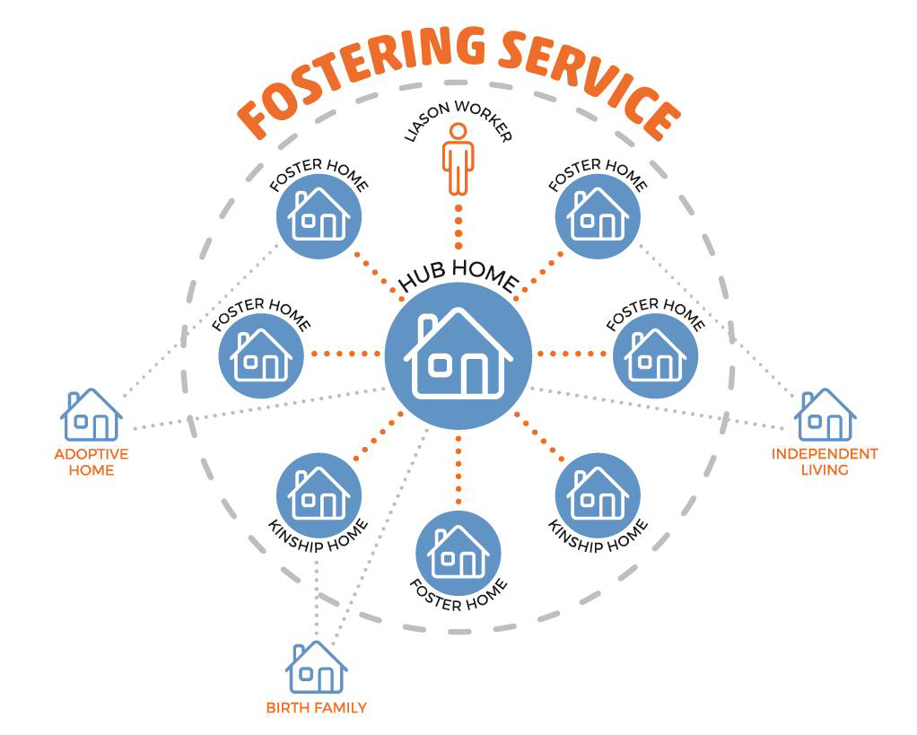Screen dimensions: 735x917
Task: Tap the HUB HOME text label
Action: [x=458, y=277]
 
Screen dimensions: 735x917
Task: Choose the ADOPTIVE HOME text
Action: [x=91, y=461]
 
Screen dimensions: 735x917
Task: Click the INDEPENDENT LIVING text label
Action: [x=825, y=461]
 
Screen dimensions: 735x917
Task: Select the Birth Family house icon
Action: [x=316, y=668]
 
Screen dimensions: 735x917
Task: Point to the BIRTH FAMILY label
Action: [x=316, y=707]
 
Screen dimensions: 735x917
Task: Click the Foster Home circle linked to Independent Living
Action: [x=598, y=216]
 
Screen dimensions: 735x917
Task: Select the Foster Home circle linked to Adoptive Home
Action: [x=319, y=216]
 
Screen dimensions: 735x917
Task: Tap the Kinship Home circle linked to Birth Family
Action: [x=319, y=493]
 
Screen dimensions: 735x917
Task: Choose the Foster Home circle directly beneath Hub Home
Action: [x=458, y=552]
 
